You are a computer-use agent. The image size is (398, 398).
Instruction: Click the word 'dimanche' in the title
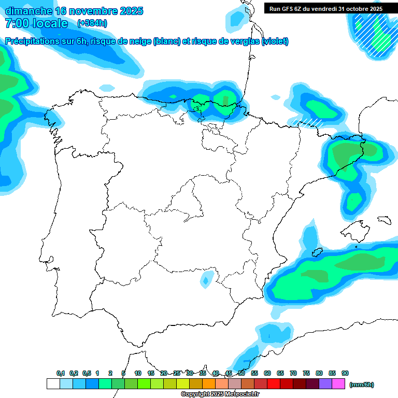[x=29, y=11]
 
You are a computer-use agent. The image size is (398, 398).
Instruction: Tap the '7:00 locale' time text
[x=36, y=23]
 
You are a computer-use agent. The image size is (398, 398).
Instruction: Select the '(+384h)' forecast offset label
[x=92, y=23]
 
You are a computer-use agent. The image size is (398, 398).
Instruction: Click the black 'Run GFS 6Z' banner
[x=326, y=8]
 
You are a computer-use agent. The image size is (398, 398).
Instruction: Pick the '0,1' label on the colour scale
[x=61, y=374]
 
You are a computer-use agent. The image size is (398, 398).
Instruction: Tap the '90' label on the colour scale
[x=345, y=374]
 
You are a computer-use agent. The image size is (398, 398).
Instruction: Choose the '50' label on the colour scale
[x=241, y=374]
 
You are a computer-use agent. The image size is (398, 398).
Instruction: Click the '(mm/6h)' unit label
[x=361, y=385]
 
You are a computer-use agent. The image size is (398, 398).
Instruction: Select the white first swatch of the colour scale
[x=53, y=384]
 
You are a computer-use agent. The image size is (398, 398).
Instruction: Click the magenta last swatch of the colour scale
[x=338, y=384]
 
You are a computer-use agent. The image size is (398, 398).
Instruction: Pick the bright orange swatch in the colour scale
[x=209, y=384]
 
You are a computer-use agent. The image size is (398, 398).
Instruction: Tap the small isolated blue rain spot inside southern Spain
[x=205, y=281]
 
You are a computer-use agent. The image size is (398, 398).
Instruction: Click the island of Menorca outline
[x=384, y=220]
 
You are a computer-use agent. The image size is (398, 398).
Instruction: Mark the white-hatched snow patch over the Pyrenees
[x=307, y=123]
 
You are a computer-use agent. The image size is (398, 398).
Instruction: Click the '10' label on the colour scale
[x=138, y=374]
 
